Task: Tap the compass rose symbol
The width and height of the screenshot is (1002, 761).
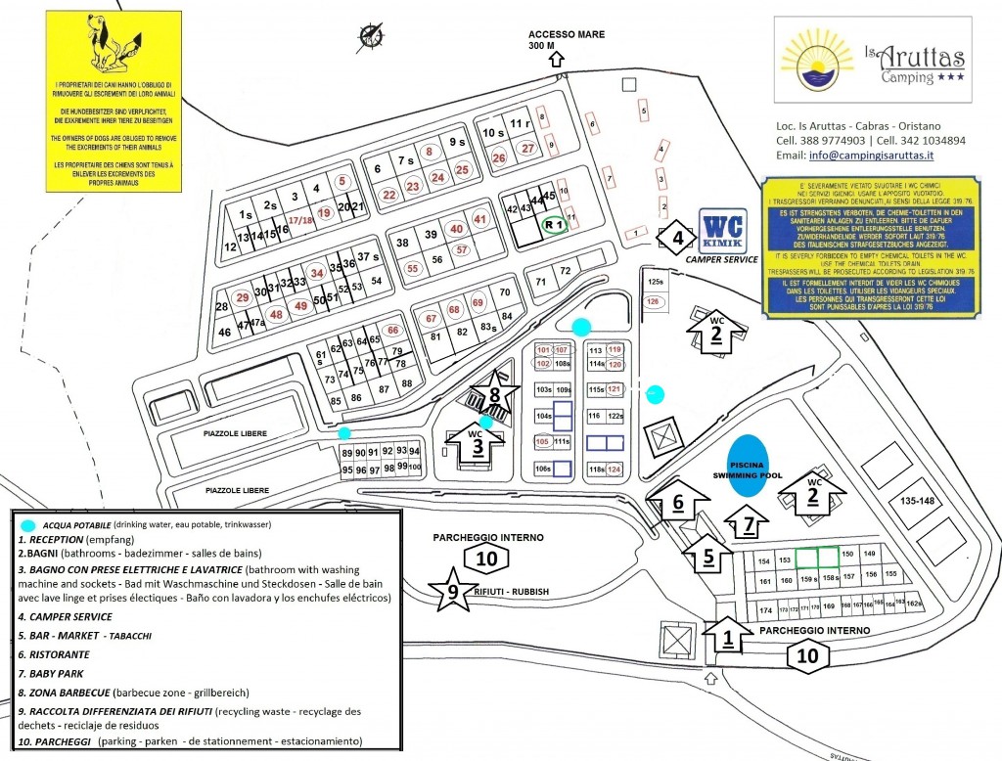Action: click(372, 36)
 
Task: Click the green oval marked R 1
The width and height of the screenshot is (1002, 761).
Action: click(555, 225)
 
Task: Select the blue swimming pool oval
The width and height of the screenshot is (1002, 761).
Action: click(750, 464)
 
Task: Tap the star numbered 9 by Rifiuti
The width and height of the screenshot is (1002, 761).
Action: click(452, 590)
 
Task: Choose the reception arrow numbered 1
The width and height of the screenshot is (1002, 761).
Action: click(727, 638)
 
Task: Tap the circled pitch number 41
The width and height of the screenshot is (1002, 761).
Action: click(479, 220)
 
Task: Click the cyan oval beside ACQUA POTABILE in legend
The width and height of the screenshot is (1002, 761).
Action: click(28, 525)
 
